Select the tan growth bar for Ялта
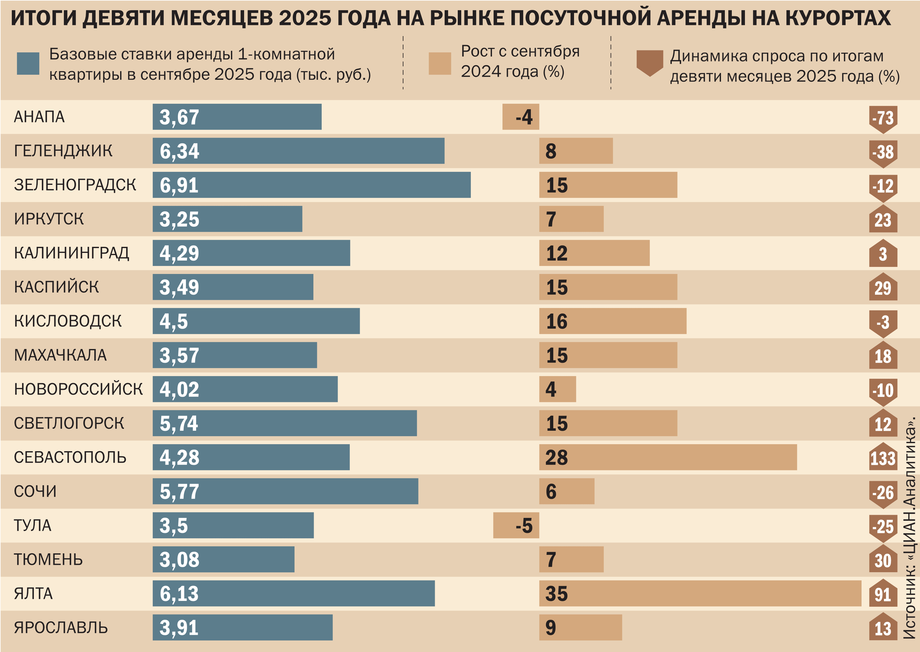pos(700,593)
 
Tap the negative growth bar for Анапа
pos(520,117)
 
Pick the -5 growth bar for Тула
pos(516,525)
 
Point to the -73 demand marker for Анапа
pos(883,118)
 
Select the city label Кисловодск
pos(67,321)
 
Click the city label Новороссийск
pos(78,389)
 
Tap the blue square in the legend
pos(28,64)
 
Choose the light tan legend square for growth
pos(440,64)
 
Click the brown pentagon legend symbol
pos(649,63)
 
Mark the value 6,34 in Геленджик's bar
pos(179,151)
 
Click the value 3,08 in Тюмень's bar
pos(179,560)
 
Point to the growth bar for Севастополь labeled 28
pos(668,457)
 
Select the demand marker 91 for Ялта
pos(883,594)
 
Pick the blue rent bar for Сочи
pos(285,491)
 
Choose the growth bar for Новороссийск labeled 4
pos(557,389)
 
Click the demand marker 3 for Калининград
pos(883,254)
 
